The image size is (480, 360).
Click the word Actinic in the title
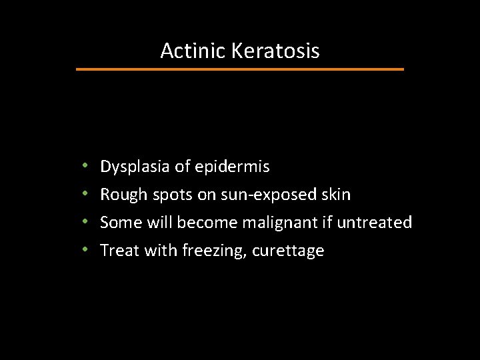[193, 51]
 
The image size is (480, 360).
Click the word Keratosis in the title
[275, 51]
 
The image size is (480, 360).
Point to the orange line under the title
[240, 69]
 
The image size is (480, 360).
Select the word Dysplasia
[135, 167]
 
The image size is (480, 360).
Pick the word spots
[171, 195]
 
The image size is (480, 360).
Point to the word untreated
[374, 223]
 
